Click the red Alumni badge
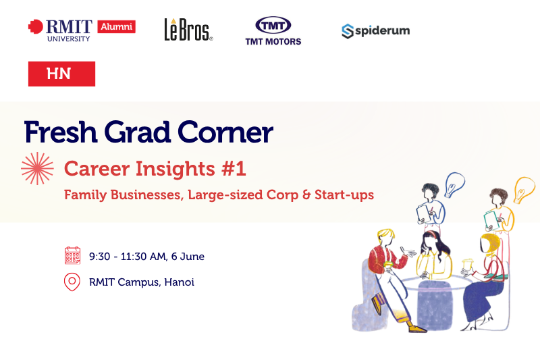[116, 26]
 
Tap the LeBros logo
[188, 30]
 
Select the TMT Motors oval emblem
[273, 25]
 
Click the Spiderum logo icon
[348, 31]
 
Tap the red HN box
[61, 74]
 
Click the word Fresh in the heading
[61, 132]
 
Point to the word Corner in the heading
[225, 132]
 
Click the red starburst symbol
[37, 168]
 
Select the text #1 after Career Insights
[234, 168]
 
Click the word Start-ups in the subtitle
[344, 195]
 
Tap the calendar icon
[72, 255]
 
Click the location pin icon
[72, 282]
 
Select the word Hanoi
[179, 282]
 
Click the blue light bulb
[454, 184]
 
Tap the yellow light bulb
[524, 190]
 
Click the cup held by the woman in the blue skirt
[468, 266]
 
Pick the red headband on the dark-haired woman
[433, 235]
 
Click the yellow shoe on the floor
[417, 329]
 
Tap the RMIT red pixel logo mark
[36, 26]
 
